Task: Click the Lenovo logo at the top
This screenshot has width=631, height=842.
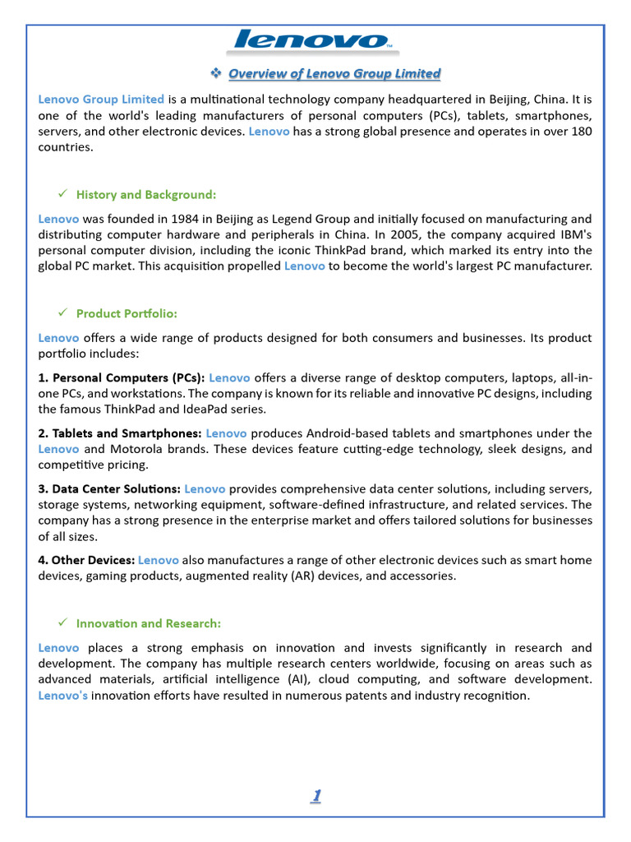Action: click(x=313, y=40)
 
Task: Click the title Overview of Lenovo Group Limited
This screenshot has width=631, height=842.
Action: click(x=334, y=74)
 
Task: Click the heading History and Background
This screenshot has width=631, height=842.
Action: click(x=146, y=195)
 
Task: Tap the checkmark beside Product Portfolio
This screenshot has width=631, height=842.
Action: click(x=62, y=313)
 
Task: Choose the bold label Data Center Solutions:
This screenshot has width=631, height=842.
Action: click(x=109, y=488)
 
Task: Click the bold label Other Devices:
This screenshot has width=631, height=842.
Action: click(x=86, y=560)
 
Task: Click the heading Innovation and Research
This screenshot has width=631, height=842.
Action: click(x=149, y=623)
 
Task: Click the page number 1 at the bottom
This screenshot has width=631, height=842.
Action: click(x=315, y=795)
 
